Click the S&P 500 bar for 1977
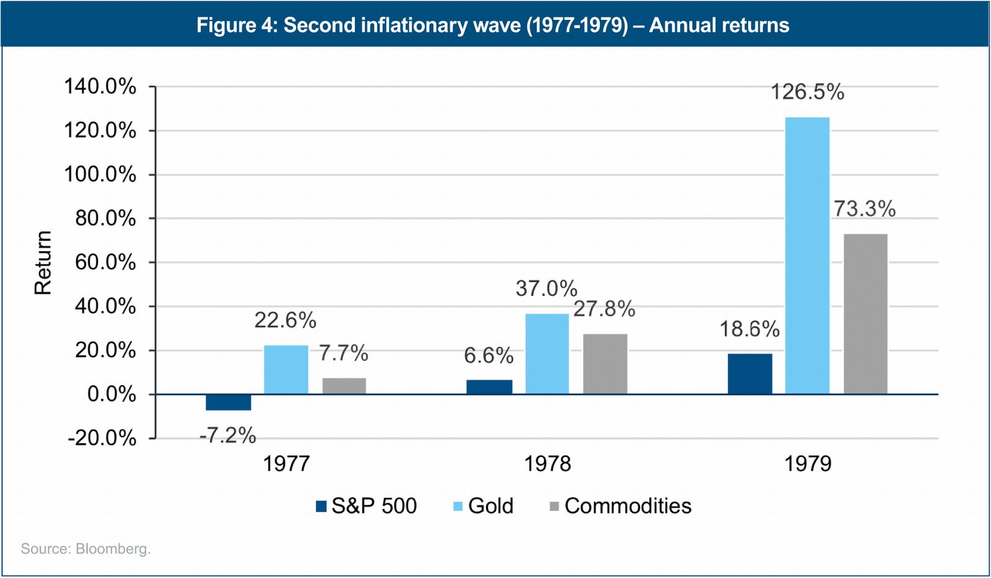click(228, 402)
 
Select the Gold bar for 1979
click(807, 256)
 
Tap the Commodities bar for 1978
click(605, 364)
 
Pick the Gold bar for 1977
click(286, 370)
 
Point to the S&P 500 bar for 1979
click(749, 374)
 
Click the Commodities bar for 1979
click(865, 314)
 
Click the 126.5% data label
click(807, 92)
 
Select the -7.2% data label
click(227, 435)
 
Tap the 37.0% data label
click(546, 288)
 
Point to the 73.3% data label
click(865, 209)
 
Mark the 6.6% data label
click(489, 356)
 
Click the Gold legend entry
click(483, 506)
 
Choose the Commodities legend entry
click(621, 506)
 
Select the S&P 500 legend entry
click(367, 506)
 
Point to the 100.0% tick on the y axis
click(100, 174)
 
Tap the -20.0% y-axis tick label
click(102, 438)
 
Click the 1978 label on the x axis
click(548, 464)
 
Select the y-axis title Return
click(43, 262)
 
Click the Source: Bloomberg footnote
click(85, 549)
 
